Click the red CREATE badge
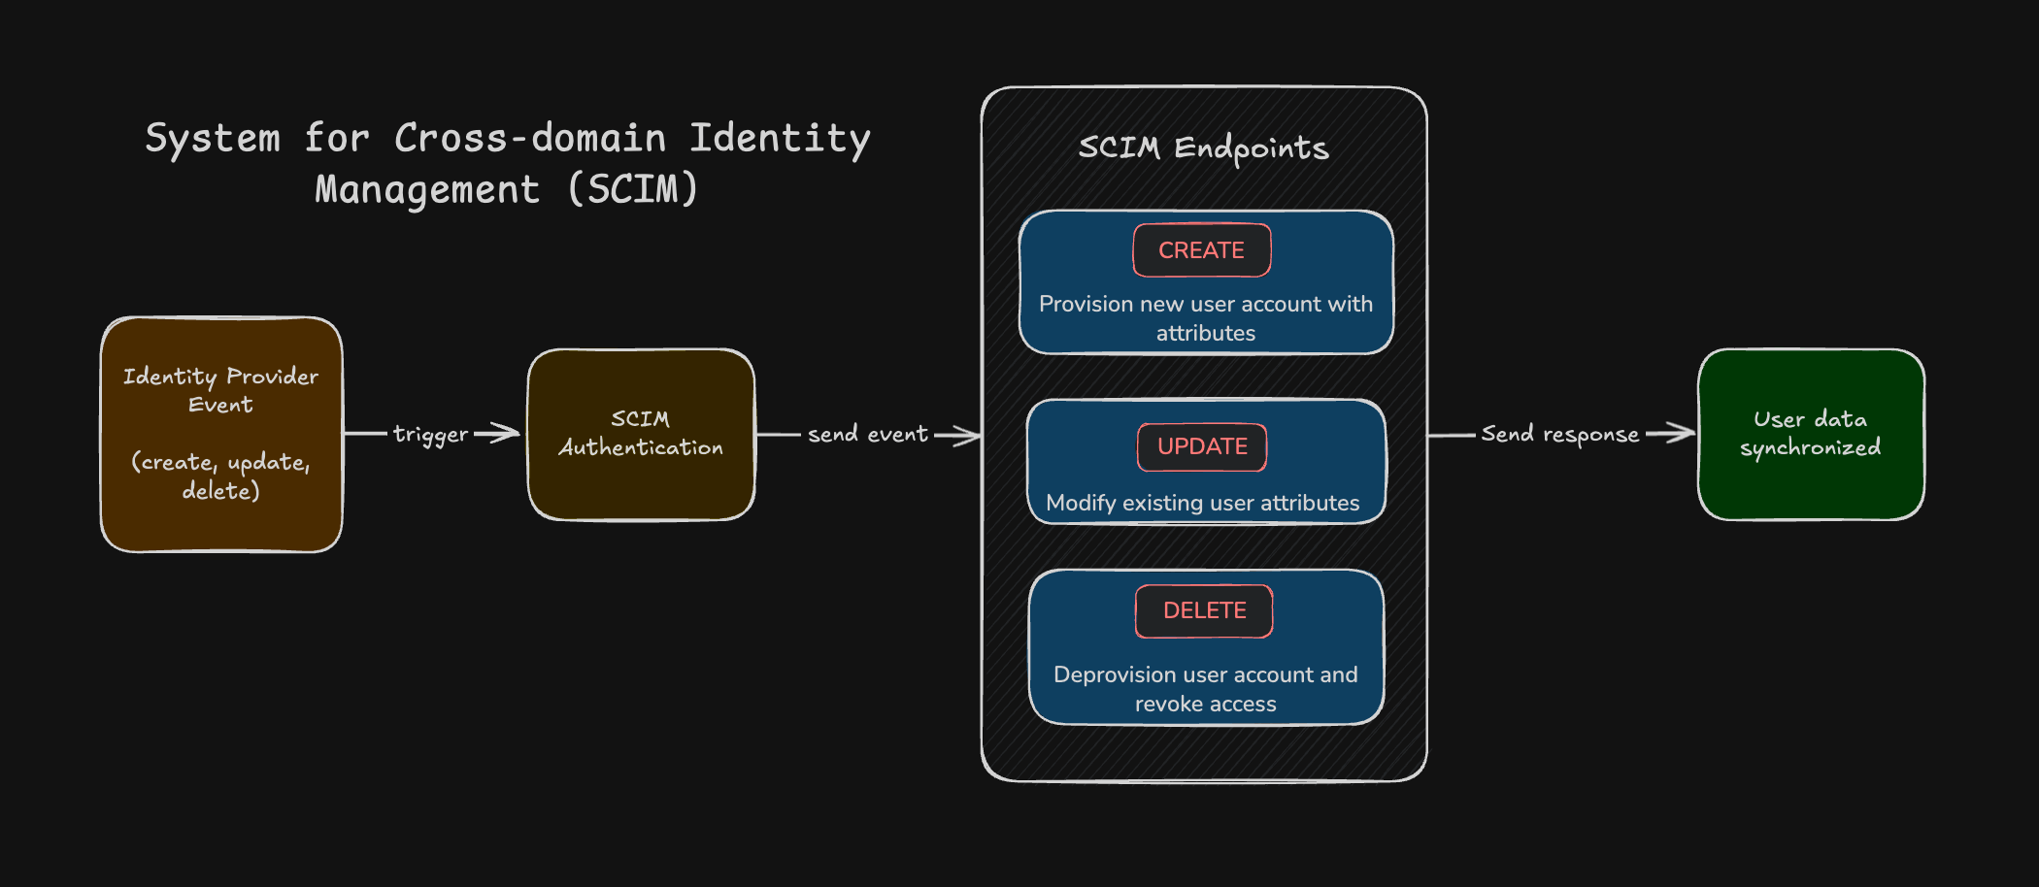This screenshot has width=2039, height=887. (1201, 250)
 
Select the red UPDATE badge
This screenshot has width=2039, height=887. (1202, 446)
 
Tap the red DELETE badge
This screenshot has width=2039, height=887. (1204, 610)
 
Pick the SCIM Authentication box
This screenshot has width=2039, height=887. (641, 434)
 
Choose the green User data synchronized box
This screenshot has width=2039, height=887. (1811, 434)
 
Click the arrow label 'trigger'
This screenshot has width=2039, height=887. (430, 434)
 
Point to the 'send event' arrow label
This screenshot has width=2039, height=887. (867, 434)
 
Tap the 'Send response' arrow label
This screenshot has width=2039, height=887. (1559, 434)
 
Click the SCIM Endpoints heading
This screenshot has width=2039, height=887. (1203, 148)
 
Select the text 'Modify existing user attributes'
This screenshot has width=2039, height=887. (1202, 503)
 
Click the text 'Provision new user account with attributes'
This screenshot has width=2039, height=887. (1206, 318)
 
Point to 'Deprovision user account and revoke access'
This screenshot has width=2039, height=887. (1206, 689)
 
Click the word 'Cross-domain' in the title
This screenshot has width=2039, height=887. (530, 138)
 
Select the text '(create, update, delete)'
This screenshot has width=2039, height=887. (221, 476)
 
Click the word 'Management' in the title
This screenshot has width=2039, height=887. (427, 189)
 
